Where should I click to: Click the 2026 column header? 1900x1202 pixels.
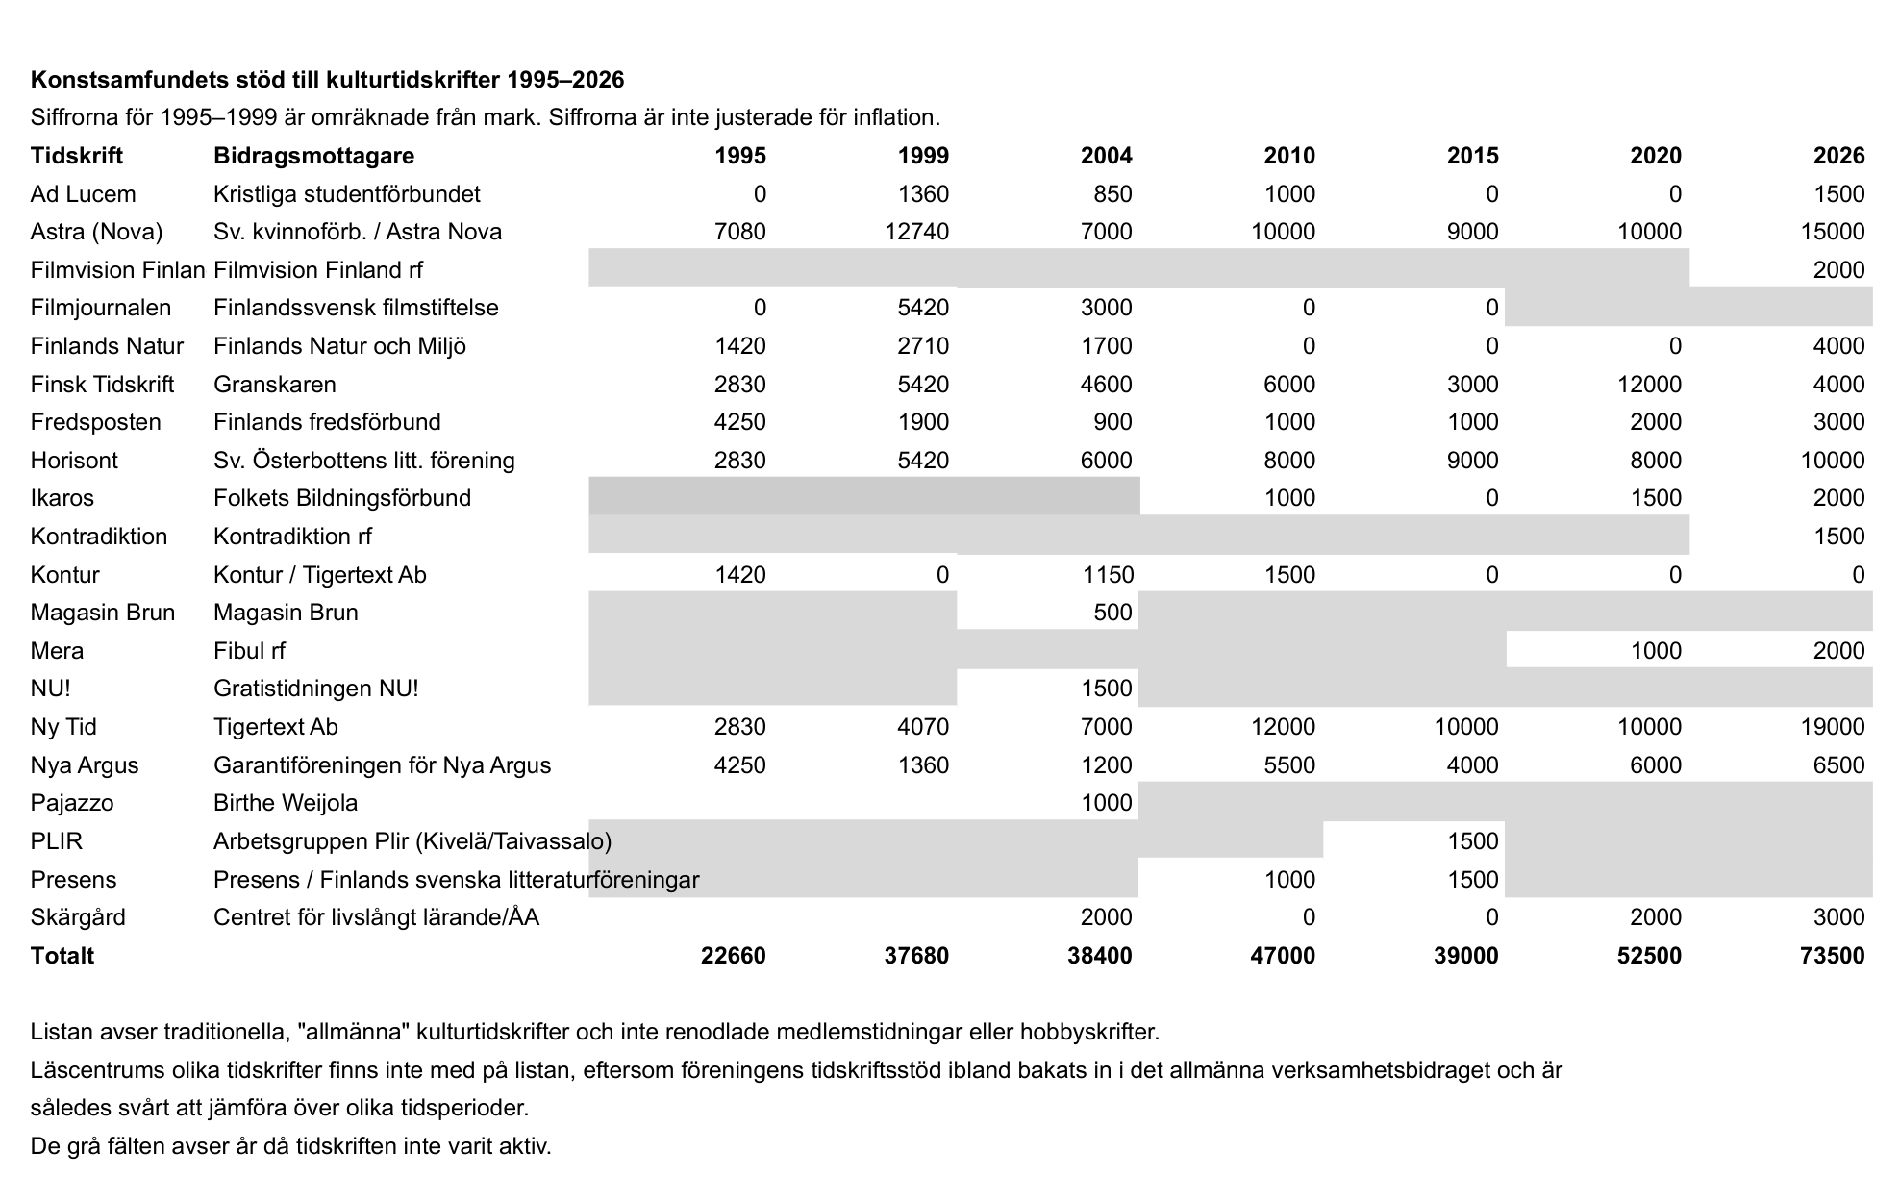(x=1838, y=156)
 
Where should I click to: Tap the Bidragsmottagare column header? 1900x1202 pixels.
(x=313, y=156)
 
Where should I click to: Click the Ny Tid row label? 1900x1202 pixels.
(x=63, y=727)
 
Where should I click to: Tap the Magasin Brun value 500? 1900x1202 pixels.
(x=1112, y=613)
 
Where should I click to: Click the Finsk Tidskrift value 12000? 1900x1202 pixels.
(x=1649, y=385)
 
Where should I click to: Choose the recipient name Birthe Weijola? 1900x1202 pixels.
(x=285, y=803)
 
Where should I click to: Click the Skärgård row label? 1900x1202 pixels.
(x=78, y=917)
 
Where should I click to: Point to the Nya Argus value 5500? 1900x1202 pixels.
(x=1283, y=765)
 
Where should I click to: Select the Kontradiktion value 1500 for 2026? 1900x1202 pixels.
(x=1838, y=537)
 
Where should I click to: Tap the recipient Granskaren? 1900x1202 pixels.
(x=274, y=385)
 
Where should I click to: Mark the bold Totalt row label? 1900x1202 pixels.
(x=62, y=956)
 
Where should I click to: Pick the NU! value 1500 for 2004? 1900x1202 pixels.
(x=1106, y=689)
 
